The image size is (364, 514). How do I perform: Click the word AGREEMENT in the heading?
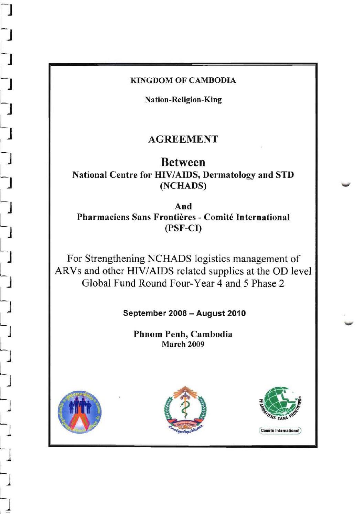[183, 139]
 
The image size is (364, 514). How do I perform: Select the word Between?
[183, 162]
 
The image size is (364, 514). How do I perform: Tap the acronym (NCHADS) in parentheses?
[183, 186]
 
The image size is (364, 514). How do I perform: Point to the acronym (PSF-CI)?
[183, 228]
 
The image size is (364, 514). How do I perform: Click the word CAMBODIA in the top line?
[212, 80]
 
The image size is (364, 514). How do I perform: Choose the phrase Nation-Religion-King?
[183, 100]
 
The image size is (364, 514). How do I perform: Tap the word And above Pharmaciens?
[183, 206]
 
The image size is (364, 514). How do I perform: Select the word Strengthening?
[115, 258]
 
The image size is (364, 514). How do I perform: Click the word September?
[144, 313]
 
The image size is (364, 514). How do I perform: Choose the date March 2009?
[183, 344]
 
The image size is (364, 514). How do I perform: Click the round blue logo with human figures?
[80, 412]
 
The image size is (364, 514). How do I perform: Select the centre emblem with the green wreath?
[185, 409]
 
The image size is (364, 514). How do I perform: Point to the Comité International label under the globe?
[280, 430]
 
